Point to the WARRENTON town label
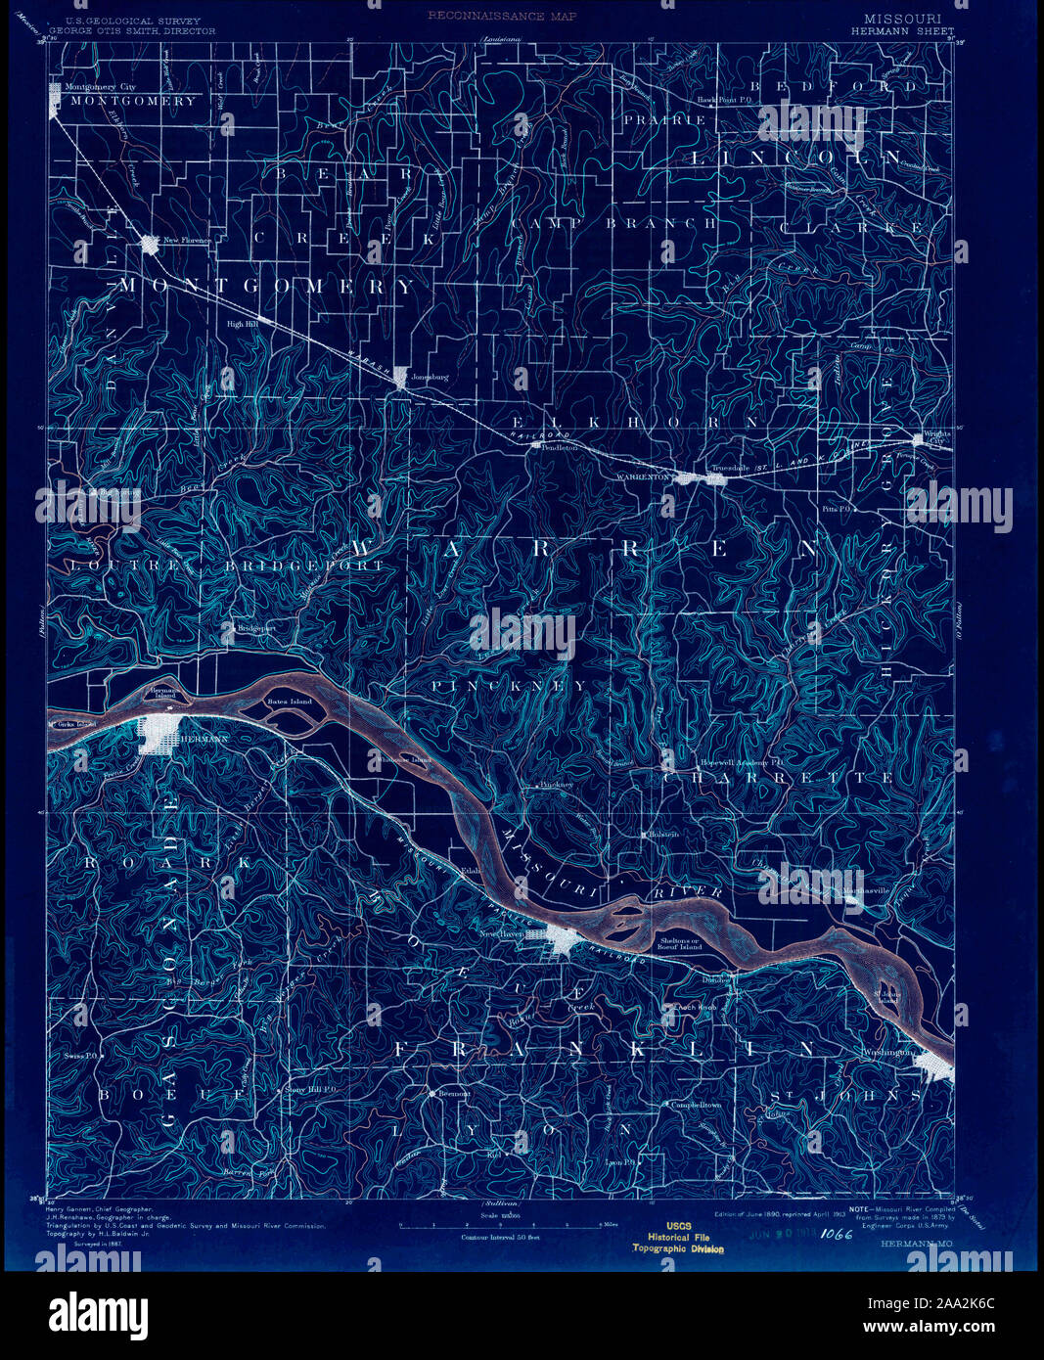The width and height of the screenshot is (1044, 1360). pyautogui.click(x=643, y=476)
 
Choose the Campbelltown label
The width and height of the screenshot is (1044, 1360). pyautogui.click(x=695, y=1105)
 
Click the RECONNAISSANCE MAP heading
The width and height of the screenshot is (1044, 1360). pyautogui.click(x=500, y=17)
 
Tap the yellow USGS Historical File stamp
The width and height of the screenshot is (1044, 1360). pyautogui.click(x=679, y=1237)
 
